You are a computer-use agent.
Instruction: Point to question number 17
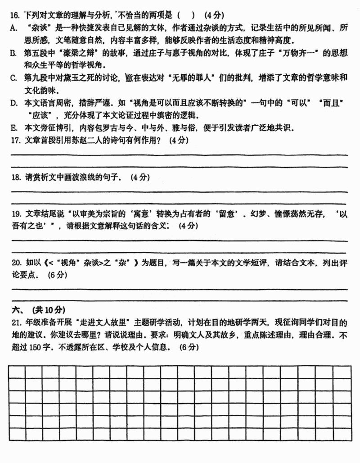tap(16, 140)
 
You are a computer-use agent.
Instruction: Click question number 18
tap(16, 177)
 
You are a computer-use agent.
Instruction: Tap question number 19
tap(16, 214)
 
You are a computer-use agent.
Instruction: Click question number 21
tap(16, 323)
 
